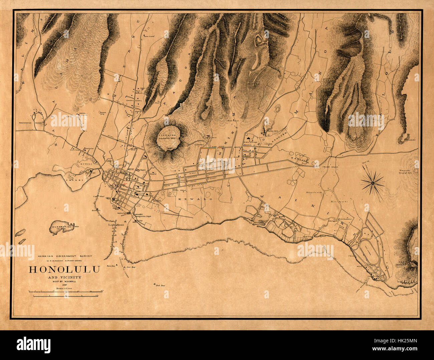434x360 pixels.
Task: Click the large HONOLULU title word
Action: pos(64,270)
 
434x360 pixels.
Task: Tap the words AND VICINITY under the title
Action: pos(64,277)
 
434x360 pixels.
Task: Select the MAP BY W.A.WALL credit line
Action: pos(64,281)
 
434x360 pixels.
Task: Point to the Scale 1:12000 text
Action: pos(64,288)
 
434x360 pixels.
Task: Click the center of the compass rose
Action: pos(372,183)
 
